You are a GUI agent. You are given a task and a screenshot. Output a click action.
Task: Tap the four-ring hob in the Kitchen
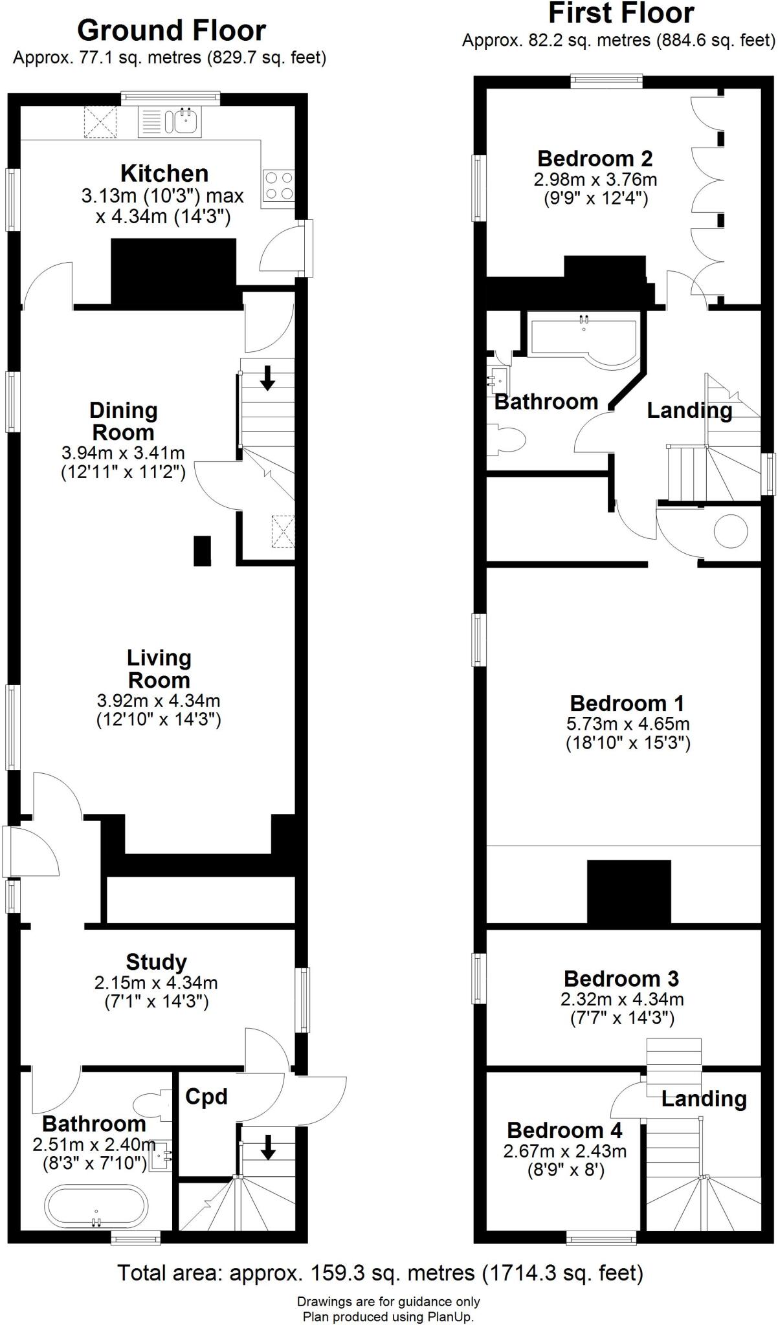point(279,186)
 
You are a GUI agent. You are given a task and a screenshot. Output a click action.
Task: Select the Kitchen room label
point(164,173)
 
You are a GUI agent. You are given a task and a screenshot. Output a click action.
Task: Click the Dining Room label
point(123,421)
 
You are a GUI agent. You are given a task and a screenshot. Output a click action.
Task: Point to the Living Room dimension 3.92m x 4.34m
point(159,700)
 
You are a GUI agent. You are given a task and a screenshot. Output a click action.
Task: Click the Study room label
point(156,962)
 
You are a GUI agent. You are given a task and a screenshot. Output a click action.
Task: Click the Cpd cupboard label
point(206,1097)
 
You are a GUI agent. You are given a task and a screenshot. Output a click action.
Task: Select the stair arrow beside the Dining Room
point(267,378)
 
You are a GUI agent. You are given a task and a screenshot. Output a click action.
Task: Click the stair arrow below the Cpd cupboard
point(267,1147)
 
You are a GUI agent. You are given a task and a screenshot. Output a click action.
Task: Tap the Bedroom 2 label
point(595,159)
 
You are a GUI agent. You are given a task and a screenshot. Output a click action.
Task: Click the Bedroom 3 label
point(621,979)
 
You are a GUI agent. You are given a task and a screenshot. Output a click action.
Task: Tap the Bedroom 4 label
point(564,1130)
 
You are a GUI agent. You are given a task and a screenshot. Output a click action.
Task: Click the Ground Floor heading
point(172,30)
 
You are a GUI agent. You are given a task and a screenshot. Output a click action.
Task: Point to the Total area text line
point(380,1273)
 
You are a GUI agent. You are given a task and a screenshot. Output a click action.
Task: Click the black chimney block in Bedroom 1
point(629,892)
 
